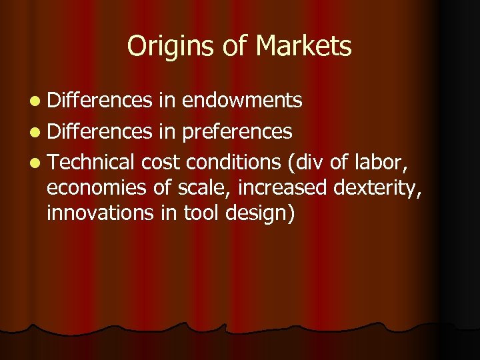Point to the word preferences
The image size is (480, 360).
237,132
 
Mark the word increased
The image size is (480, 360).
283,189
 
